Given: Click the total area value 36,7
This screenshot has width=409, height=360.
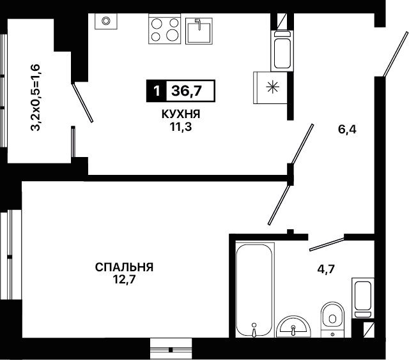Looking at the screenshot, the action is click(187, 91).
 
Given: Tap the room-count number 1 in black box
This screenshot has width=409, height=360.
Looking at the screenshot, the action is click(157, 91).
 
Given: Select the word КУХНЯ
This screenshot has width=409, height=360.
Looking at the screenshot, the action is click(181, 114).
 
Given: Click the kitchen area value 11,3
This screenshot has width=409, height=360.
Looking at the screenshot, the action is click(181, 127).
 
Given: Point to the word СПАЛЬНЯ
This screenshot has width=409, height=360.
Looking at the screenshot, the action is click(124, 267).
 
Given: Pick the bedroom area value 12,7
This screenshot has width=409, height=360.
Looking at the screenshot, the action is click(124, 280).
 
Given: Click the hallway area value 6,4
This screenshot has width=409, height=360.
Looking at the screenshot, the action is click(347, 129).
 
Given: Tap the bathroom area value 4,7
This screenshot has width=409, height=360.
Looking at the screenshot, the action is click(326, 269).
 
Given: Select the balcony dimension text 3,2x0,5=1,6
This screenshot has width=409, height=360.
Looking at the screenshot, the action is click(36, 98).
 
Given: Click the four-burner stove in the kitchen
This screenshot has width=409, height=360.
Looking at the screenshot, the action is click(165, 29).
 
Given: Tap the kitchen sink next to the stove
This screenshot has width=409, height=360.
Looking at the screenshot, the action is click(199, 31).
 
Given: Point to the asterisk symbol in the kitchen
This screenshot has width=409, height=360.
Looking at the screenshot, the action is click(272, 87).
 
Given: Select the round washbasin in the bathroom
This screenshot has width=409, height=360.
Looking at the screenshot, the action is click(293, 327).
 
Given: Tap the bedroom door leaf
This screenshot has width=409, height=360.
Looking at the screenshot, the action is click(279, 205).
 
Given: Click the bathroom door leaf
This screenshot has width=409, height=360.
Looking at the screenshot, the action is click(327, 244).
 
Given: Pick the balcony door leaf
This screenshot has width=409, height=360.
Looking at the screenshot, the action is click(82, 103).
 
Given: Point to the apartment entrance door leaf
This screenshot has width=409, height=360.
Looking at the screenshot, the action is click(395, 54).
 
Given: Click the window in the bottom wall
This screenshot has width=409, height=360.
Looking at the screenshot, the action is click(171, 350).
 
